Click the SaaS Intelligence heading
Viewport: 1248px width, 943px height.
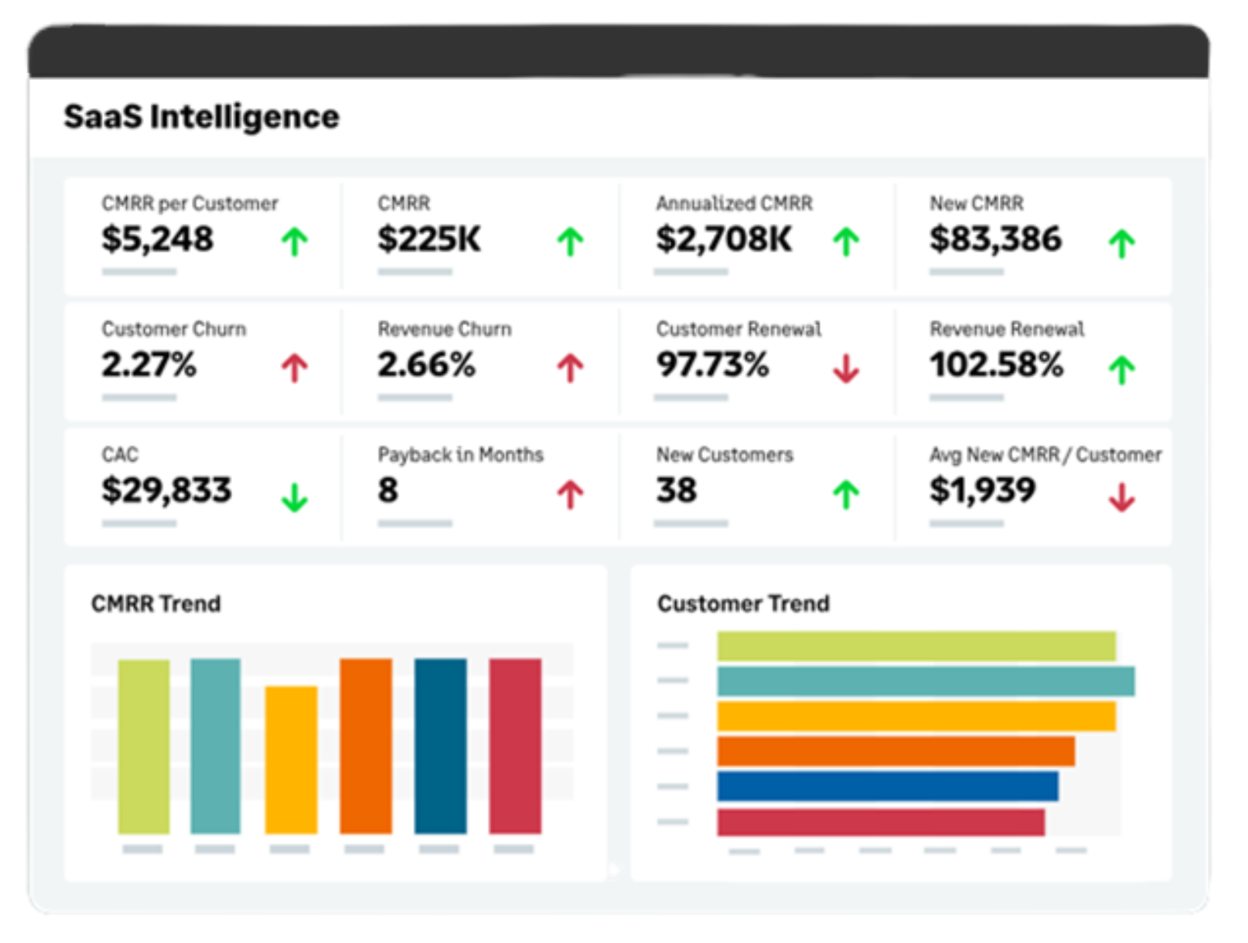click(x=201, y=116)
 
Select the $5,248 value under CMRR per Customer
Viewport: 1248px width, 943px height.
click(x=158, y=239)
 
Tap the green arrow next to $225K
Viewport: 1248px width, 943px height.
click(x=570, y=241)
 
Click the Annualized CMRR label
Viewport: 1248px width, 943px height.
click(x=734, y=203)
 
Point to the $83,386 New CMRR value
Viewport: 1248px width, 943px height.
click(x=995, y=239)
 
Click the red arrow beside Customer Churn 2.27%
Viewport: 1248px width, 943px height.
click(x=294, y=367)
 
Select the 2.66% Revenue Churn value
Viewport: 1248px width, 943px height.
click(x=426, y=365)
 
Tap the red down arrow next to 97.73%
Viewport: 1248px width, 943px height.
click(x=846, y=368)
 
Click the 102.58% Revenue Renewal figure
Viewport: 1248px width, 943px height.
click(x=996, y=365)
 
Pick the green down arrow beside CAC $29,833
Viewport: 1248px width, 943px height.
click(x=294, y=497)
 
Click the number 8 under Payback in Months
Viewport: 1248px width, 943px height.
click(x=388, y=490)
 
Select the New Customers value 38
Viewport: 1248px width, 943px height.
click(x=676, y=490)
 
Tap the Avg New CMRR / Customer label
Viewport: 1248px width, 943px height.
click(x=1045, y=455)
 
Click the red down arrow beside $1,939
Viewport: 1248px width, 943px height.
click(x=1122, y=497)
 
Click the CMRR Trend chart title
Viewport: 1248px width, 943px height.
click(x=156, y=603)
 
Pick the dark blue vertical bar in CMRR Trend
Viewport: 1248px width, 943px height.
click(x=441, y=746)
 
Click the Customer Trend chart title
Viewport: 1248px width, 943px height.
click(x=743, y=603)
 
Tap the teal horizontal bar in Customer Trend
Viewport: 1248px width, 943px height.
click(x=925, y=681)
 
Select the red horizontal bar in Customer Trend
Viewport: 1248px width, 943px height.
click(x=881, y=822)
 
